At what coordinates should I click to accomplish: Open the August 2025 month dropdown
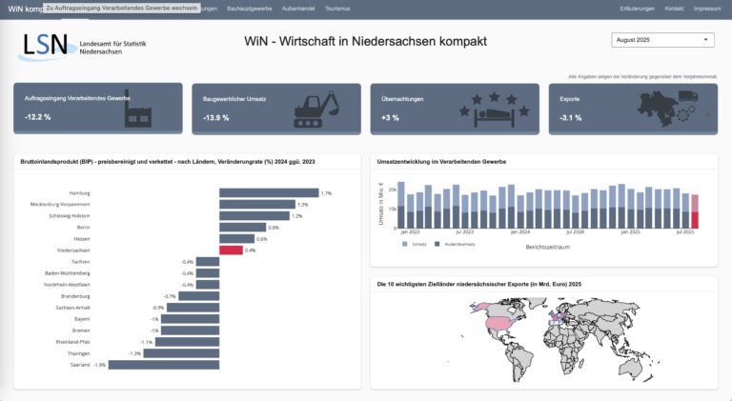(661, 41)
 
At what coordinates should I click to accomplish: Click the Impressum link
(706, 8)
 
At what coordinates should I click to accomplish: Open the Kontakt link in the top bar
(674, 8)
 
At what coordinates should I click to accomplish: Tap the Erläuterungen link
(637, 8)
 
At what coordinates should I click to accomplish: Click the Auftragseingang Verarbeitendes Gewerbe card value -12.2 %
(38, 116)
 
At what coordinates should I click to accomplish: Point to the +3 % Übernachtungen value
(390, 117)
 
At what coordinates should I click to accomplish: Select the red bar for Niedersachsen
(231, 251)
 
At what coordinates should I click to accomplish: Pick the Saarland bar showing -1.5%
(163, 365)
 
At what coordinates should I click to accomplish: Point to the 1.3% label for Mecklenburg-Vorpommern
(303, 205)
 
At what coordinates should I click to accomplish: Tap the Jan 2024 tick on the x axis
(519, 231)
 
